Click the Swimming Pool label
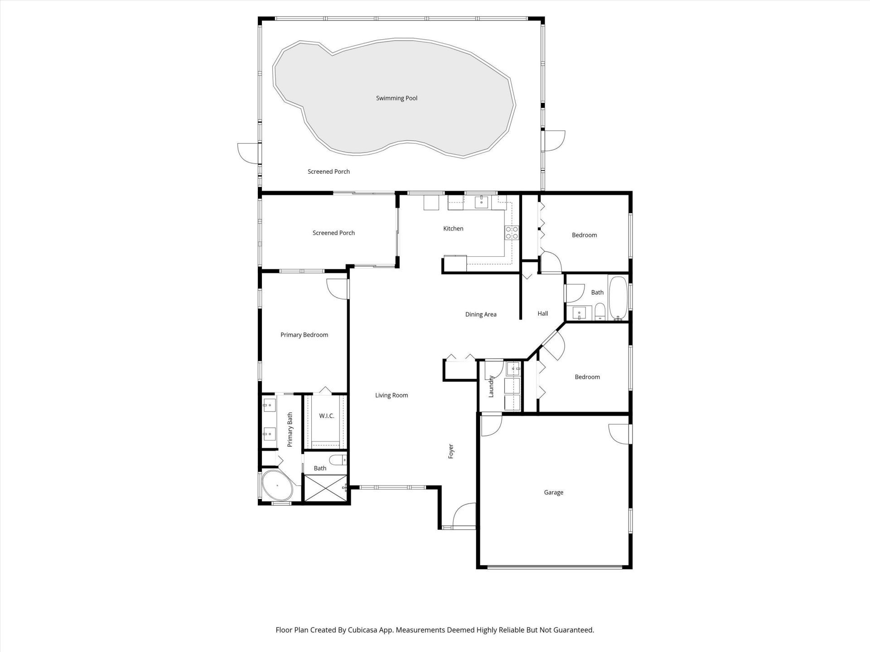pos(396,98)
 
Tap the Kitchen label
pos(453,229)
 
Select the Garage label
pos(553,492)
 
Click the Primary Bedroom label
pos(304,335)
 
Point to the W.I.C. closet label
pos(326,416)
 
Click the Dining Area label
pos(481,314)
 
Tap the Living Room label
pos(391,395)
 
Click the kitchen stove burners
pos(512,233)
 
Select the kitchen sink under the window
pos(480,202)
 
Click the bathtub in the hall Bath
pos(617,297)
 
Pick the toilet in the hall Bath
pos(599,312)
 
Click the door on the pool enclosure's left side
pos(248,153)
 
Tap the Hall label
pos(542,313)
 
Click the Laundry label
pos(491,386)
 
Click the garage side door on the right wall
pos(619,434)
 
